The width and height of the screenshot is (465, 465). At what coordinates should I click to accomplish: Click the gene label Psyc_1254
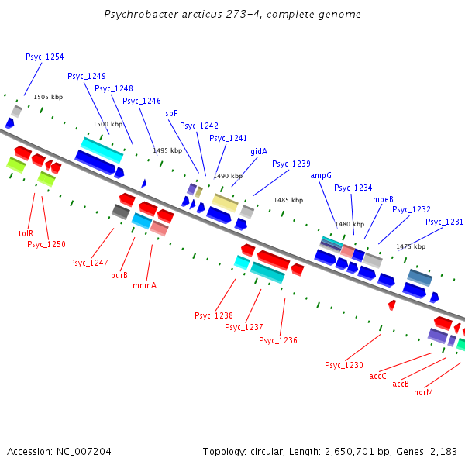coord(45,57)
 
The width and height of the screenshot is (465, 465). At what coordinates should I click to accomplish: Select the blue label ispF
coord(170,113)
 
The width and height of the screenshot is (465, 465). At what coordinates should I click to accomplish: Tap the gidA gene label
coord(259,151)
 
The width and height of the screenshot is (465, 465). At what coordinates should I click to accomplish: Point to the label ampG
coord(321,175)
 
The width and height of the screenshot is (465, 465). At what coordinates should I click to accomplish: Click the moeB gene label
coord(383,199)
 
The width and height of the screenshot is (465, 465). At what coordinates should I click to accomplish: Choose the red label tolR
coord(26,232)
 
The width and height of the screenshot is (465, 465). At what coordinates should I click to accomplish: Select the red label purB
coord(119,275)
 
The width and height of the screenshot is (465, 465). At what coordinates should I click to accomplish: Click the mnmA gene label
coord(145,285)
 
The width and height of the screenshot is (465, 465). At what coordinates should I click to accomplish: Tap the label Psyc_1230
coord(344,365)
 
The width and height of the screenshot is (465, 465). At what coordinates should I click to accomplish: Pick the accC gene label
coord(377,376)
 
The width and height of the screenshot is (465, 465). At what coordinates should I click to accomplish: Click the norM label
coord(423,393)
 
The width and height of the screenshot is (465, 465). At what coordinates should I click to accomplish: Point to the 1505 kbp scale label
coord(47,97)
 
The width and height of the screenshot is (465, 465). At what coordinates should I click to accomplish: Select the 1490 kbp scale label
coord(228,176)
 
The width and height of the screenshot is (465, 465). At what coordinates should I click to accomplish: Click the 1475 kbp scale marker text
coord(411,246)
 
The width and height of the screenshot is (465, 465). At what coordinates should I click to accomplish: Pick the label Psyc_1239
coord(291,164)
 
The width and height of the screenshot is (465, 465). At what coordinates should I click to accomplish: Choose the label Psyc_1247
coord(89,263)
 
